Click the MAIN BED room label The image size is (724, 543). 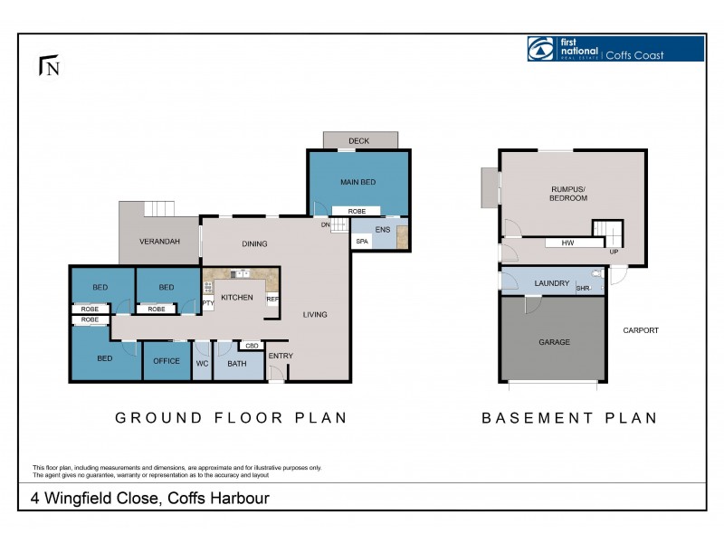pyautogui.click(x=357, y=182)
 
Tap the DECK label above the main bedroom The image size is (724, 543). pyautogui.click(x=359, y=141)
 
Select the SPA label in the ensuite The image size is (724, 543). pyautogui.click(x=362, y=242)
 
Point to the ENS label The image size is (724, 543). pyautogui.click(x=383, y=230)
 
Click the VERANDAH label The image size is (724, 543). pyautogui.click(x=159, y=242)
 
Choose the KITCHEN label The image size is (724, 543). pyautogui.click(x=236, y=297)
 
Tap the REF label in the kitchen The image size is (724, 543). pyautogui.click(x=272, y=299)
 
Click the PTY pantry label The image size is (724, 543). pyautogui.click(x=207, y=303)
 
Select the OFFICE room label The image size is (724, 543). pyautogui.click(x=167, y=362)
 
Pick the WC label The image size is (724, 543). pyautogui.click(x=202, y=363)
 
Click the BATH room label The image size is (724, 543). pyautogui.click(x=237, y=363)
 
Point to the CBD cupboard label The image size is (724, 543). pyautogui.click(x=252, y=345)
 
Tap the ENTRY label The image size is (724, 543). pyautogui.click(x=281, y=356)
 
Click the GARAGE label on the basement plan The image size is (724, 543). pyautogui.click(x=554, y=342)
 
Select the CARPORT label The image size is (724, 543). pyautogui.click(x=641, y=330)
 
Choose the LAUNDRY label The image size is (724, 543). pyautogui.click(x=552, y=283)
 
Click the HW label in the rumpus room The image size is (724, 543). pyautogui.click(x=567, y=243)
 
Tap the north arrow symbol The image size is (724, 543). pyautogui.click(x=49, y=66)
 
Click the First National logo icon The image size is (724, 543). pyautogui.click(x=540, y=49)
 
